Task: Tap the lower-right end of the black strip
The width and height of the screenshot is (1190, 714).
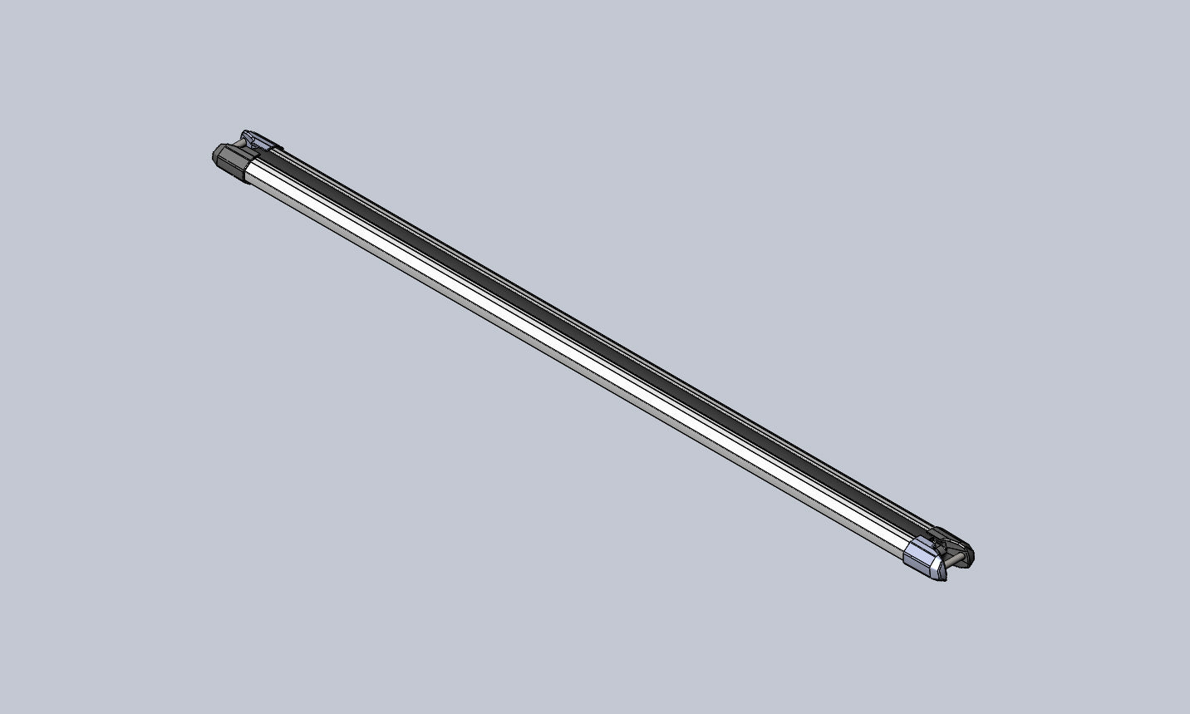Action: click(914, 529)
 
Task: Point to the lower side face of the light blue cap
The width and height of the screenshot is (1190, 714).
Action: click(922, 567)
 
